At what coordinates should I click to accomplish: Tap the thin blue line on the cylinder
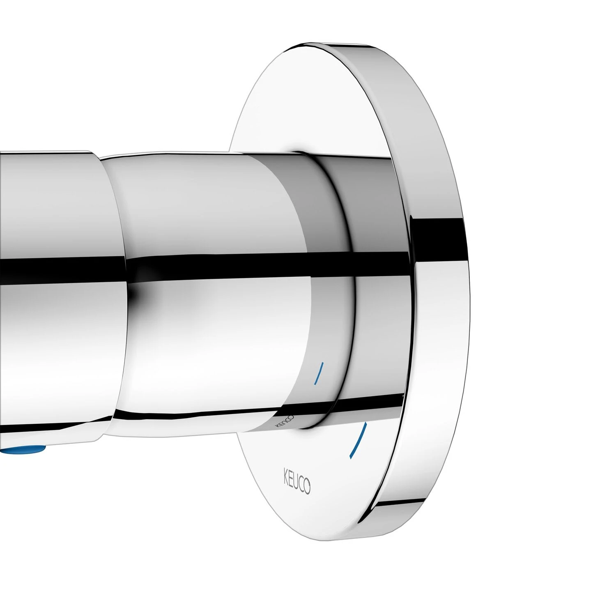point(319,373)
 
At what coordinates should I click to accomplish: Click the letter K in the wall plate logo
point(283,477)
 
